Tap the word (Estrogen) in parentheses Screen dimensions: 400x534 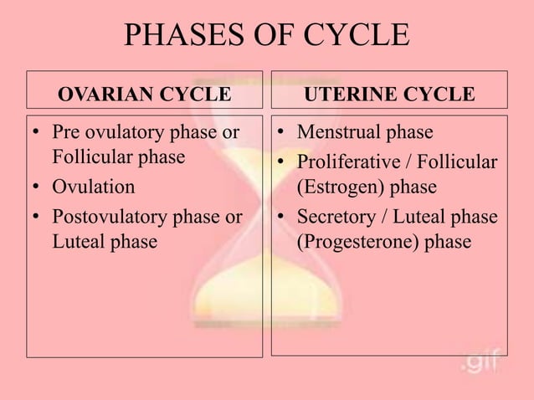point(345,186)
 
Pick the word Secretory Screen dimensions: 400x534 point(336,217)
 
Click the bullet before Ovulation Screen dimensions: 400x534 point(38,187)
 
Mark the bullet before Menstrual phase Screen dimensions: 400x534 point(284,133)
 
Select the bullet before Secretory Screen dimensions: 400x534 point(284,218)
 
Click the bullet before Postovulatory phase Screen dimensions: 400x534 point(38,218)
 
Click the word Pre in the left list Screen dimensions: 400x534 point(66,132)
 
